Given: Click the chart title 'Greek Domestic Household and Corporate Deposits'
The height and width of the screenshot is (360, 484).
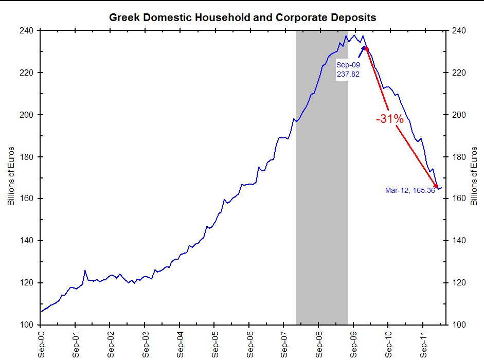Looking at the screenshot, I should (242, 17).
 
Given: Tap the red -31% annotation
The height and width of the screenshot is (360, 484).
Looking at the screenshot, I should (390, 119).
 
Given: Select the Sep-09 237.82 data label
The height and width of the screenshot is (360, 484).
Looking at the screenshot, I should (348, 69).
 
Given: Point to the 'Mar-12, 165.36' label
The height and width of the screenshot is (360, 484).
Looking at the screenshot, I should (410, 190).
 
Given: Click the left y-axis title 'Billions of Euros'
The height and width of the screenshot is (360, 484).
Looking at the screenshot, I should (11, 178).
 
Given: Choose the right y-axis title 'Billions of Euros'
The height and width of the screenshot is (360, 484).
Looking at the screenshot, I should (474, 178).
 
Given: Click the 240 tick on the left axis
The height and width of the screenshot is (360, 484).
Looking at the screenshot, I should (26, 31).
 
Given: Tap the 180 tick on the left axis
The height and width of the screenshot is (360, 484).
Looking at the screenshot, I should (26, 157).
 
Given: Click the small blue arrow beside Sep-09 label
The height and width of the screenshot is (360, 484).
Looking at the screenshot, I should (362, 50).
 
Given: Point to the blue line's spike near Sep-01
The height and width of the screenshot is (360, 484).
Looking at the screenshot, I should (85, 271).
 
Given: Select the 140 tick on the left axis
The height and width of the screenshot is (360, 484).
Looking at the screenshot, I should (26, 241).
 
